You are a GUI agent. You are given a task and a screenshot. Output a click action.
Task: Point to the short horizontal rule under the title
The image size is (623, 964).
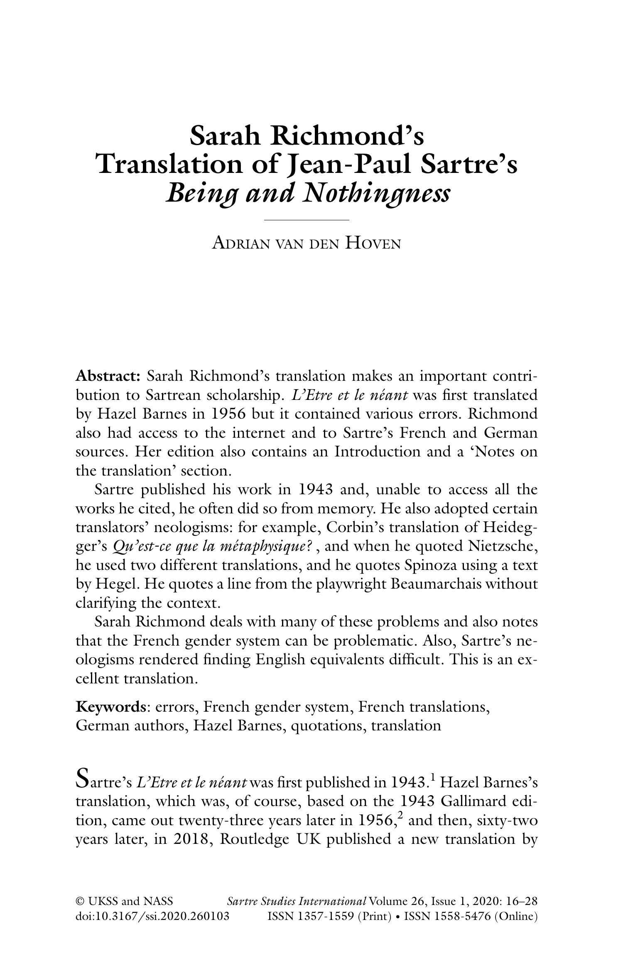[307, 219]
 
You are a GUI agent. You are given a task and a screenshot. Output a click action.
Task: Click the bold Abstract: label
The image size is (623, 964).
[109, 376]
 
